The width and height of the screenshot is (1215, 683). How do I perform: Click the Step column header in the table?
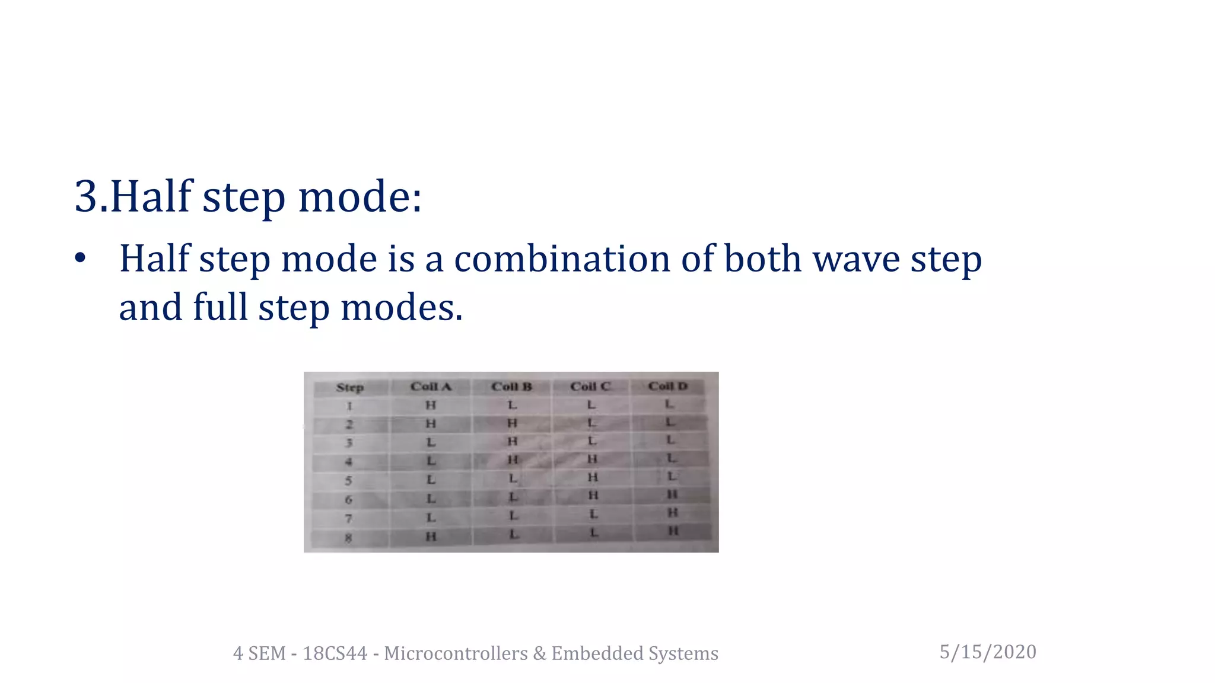tap(349, 388)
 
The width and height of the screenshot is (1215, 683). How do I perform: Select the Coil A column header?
tap(431, 387)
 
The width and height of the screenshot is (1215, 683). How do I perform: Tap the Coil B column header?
tap(511, 387)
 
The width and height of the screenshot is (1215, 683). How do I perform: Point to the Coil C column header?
tap(590, 387)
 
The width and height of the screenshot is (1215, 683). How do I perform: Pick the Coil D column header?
tap(668, 386)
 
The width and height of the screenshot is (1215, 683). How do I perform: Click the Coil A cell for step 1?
tap(431, 405)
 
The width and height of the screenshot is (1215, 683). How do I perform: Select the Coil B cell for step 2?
tap(512, 423)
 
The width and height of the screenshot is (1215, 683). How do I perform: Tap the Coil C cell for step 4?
tap(592, 459)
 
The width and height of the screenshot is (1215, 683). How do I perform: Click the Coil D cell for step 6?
tap(672, 494)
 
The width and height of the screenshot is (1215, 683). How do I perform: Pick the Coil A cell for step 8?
tap(431, 537)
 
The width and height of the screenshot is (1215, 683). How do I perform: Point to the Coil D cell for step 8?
tap(673, 531)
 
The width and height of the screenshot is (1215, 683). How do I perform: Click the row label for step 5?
tap(349, 480)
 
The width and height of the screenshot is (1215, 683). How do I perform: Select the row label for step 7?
tap(349, 518)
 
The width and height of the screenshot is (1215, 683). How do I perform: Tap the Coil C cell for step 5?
tap(592, 477)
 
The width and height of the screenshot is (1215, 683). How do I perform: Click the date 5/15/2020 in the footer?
tap(988, 652)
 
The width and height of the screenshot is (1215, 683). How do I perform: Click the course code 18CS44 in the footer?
tap(335, 653)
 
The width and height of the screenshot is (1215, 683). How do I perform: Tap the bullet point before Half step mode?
tap(81, 258)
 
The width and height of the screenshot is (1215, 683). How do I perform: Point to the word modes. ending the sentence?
tap(401, 308)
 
